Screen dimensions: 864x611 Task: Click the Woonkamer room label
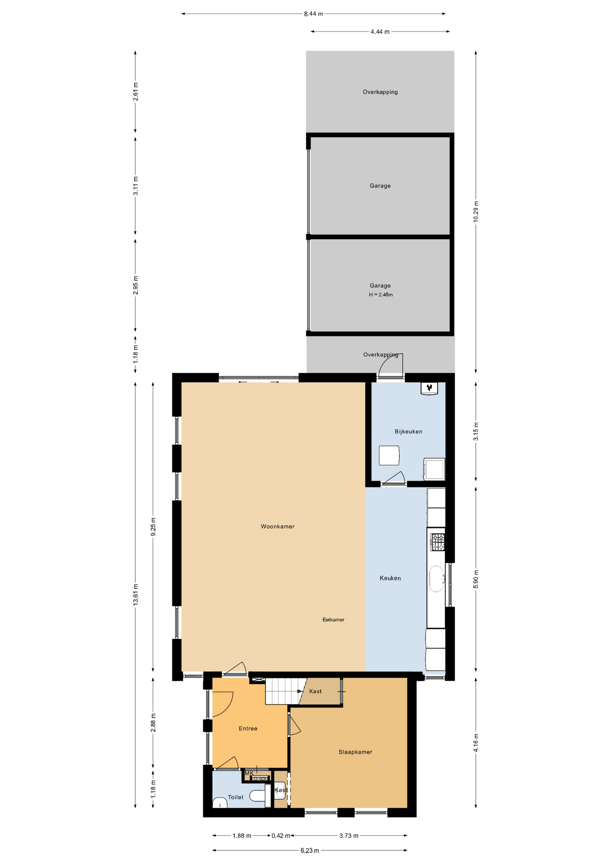pos(278,526)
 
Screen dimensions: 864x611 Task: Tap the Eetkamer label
pos(333,620)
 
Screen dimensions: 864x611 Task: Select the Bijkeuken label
pos(408,431)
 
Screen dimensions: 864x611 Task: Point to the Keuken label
pos(390,578)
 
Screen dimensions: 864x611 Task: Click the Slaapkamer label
pos(355,751)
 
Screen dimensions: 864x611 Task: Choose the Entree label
pos(248,728)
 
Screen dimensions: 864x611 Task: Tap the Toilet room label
pos(235,797)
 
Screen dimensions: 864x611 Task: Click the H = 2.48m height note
pos(381,295)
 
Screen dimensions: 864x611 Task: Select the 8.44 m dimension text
pos(313,14)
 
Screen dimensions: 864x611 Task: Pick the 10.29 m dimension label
pos(476,211)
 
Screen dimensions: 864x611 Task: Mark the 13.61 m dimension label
pos(135,594)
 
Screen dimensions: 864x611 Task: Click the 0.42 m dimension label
pos(280,836)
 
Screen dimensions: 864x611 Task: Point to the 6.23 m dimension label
pos(310,850)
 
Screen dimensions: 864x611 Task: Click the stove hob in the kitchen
pos(437,542)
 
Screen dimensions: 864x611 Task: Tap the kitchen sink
pos(436,579)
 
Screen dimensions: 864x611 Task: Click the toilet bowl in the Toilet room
pos(258,796)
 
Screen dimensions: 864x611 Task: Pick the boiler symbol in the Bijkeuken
pos(429,388)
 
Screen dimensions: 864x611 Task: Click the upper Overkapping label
pos(380,92)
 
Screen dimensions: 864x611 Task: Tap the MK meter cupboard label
pos(249,773)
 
